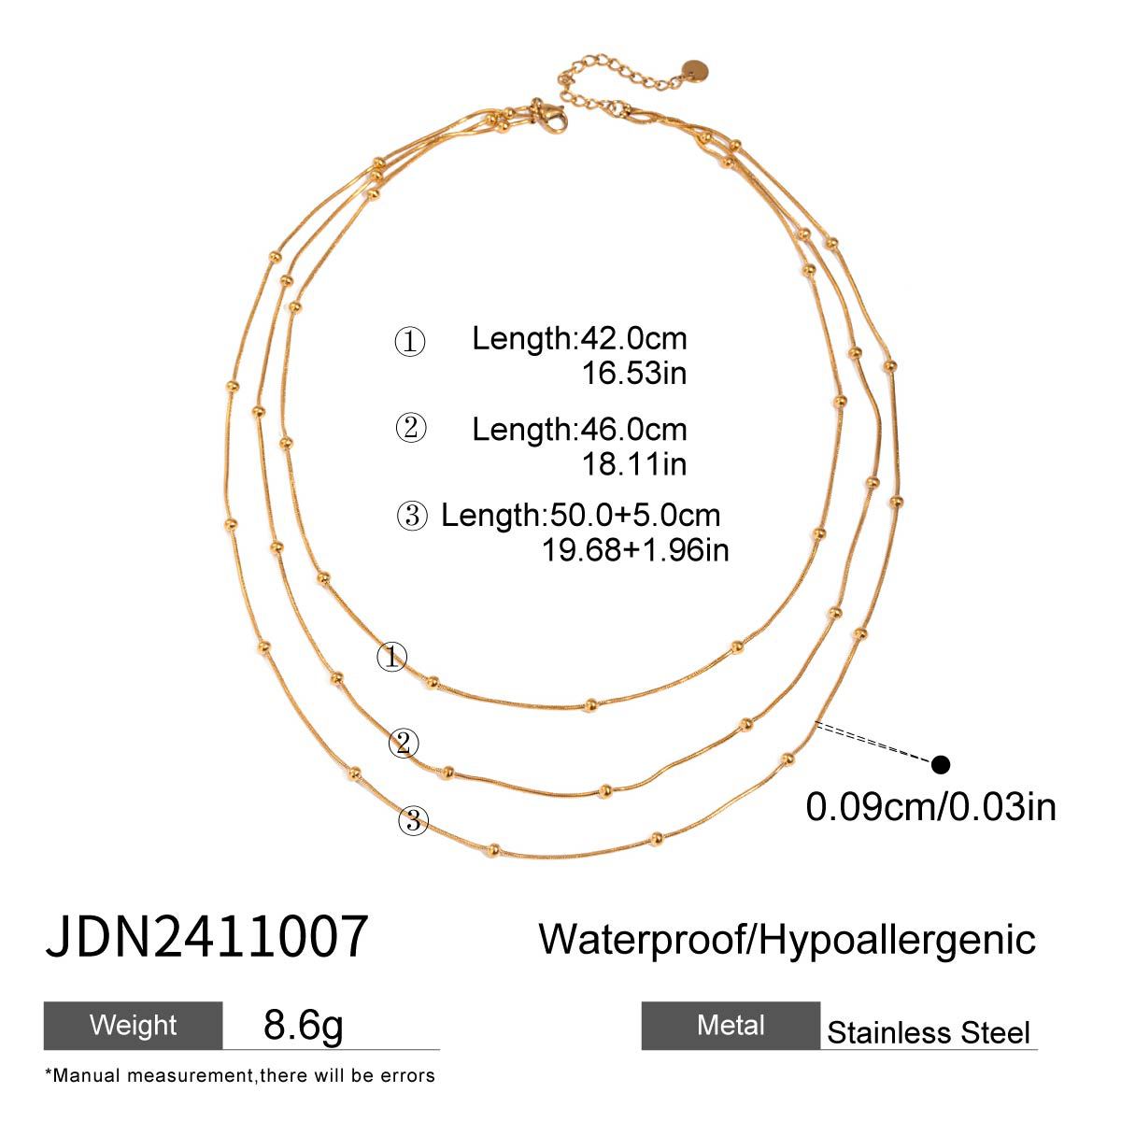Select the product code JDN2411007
[x=206, y=938]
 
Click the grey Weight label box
[x=134, y=1025]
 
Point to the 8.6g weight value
[x=305, y=1025]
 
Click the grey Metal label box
[x=731, y=1026]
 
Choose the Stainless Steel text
[x=929, y=1032]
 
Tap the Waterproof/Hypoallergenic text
[x=788, y=938]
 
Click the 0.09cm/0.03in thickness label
[x=930, y=806]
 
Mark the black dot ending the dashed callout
[x=941, y=765]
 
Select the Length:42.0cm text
[x=579, y=338]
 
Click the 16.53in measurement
[x=634, y=374]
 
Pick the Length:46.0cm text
[x=579, y=429]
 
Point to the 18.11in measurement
[x=634, y=463]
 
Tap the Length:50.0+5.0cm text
[x=580, y=515]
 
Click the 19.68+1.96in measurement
[x=635, y=550]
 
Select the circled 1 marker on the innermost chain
[x=391, y=657]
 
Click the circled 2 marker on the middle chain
[x=404, y=744]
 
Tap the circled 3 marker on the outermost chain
[x=413, y=822]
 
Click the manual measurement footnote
[x=240, y=1076]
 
